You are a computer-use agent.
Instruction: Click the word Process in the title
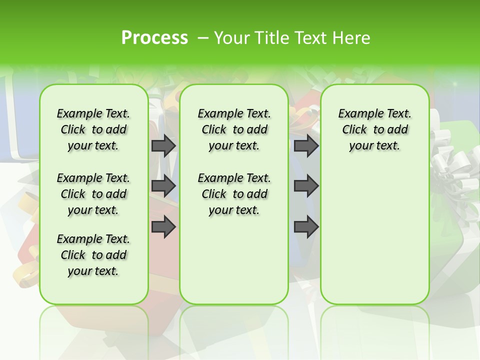tap(154, 38)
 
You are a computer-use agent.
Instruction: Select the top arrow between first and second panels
tap(163, 145)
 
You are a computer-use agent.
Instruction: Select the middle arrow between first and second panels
tap(163, 186)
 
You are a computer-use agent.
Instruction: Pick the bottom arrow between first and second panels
tap(163, 226)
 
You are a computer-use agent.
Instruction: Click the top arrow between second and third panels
tap(306, 145)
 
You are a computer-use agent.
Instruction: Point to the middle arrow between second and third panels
tap(306, 186)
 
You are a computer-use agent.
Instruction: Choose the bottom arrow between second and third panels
tap(306, 226)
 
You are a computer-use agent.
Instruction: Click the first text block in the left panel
tap(93, 129)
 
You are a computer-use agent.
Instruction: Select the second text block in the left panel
tap(93, 194)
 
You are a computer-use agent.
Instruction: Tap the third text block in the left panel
tap(93, 255)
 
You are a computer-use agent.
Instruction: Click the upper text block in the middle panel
tap(234, 129)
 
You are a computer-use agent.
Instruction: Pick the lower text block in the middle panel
tap(234, 194)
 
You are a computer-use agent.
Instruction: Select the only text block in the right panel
tap(375, 129)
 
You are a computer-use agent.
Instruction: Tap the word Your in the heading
tap(230, 38)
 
